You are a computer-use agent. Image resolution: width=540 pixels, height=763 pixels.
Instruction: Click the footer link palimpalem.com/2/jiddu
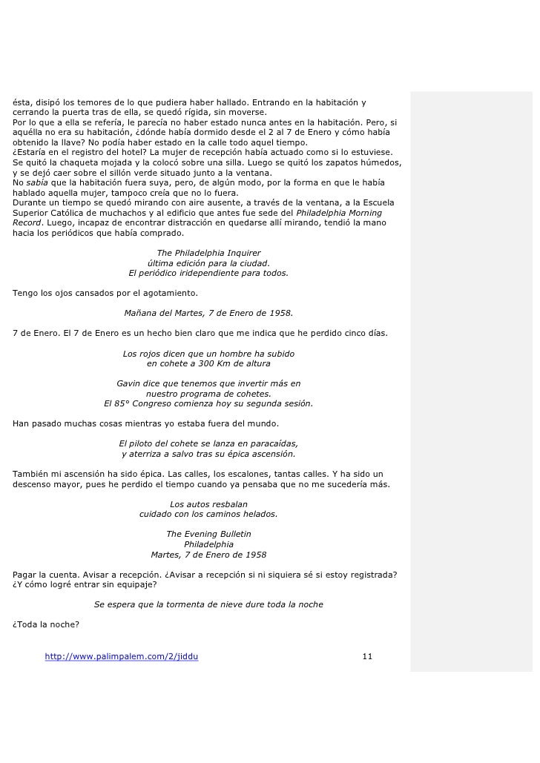[x=122, y=656]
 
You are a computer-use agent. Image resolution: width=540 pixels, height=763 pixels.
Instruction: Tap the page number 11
[x=367, y=656]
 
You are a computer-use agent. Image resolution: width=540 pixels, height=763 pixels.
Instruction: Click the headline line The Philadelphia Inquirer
[x=208, y=253]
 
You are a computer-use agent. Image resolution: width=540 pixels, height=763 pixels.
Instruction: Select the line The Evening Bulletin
[x=208, y=534]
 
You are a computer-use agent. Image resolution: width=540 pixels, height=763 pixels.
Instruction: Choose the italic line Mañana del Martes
[x=208, y=313]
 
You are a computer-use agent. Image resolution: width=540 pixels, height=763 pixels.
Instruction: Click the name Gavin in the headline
[x=130, y=383]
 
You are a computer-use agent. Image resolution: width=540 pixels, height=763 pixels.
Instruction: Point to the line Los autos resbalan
[x=208, y=504]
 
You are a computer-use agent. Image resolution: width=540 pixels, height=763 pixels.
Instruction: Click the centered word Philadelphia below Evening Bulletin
[x=208, y=544]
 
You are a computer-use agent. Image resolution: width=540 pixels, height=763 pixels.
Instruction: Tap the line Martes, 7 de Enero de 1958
[x=208, y=555]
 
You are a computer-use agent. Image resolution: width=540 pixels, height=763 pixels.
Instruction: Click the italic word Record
[x=27, y=222]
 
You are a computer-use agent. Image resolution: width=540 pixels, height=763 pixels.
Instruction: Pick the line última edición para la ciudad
[x=208, y=263]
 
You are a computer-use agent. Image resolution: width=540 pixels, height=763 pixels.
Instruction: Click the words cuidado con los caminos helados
[x=208, y=514]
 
